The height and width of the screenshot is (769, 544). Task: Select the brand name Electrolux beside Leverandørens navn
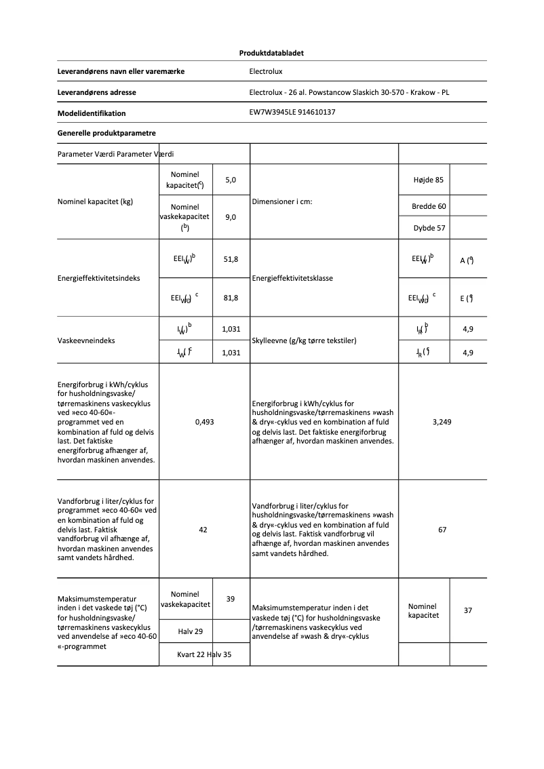[x=266, y=71]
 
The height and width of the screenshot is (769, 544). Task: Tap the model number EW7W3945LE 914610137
[x=293, y=113]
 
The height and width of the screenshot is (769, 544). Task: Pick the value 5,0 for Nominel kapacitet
[x=231, y=180]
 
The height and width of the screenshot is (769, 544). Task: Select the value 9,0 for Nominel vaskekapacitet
[x=231, y=218]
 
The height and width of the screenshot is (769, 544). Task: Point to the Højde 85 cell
[x=428, y=180]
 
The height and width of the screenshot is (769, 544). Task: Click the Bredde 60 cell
[x=429, y=206]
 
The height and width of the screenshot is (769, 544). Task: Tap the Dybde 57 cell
[x=429, y=228]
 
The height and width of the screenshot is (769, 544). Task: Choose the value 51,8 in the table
[x=231, y=259]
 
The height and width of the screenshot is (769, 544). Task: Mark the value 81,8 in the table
[x=231, y=297]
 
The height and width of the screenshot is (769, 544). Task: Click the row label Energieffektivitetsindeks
[x=99, y=278]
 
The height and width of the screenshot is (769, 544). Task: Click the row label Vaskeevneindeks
[x=86, y=340]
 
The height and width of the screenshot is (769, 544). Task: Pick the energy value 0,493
[x=204, y=422]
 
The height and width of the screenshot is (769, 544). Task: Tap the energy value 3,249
[x=442, y=422]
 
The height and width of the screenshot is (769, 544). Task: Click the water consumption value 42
[x=203, y=530]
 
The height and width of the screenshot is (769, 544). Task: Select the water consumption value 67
[x=442, y=530]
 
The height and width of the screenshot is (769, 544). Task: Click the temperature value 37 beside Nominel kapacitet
[x=468, y=610]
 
